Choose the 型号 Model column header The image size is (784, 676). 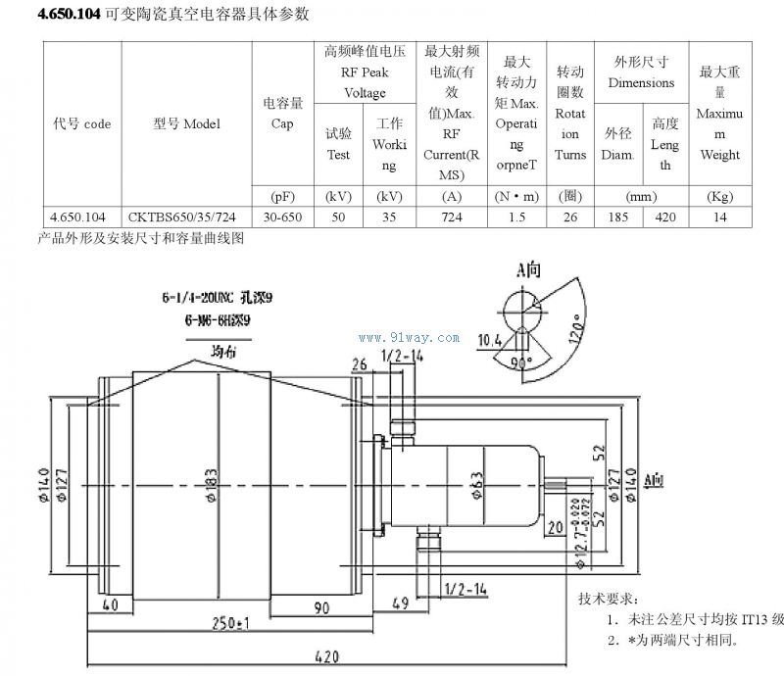click(189, 124)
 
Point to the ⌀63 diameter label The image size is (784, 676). click(474, 483)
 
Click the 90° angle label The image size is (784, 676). click(521, 362)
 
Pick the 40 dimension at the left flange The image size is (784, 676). click(109, 604)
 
